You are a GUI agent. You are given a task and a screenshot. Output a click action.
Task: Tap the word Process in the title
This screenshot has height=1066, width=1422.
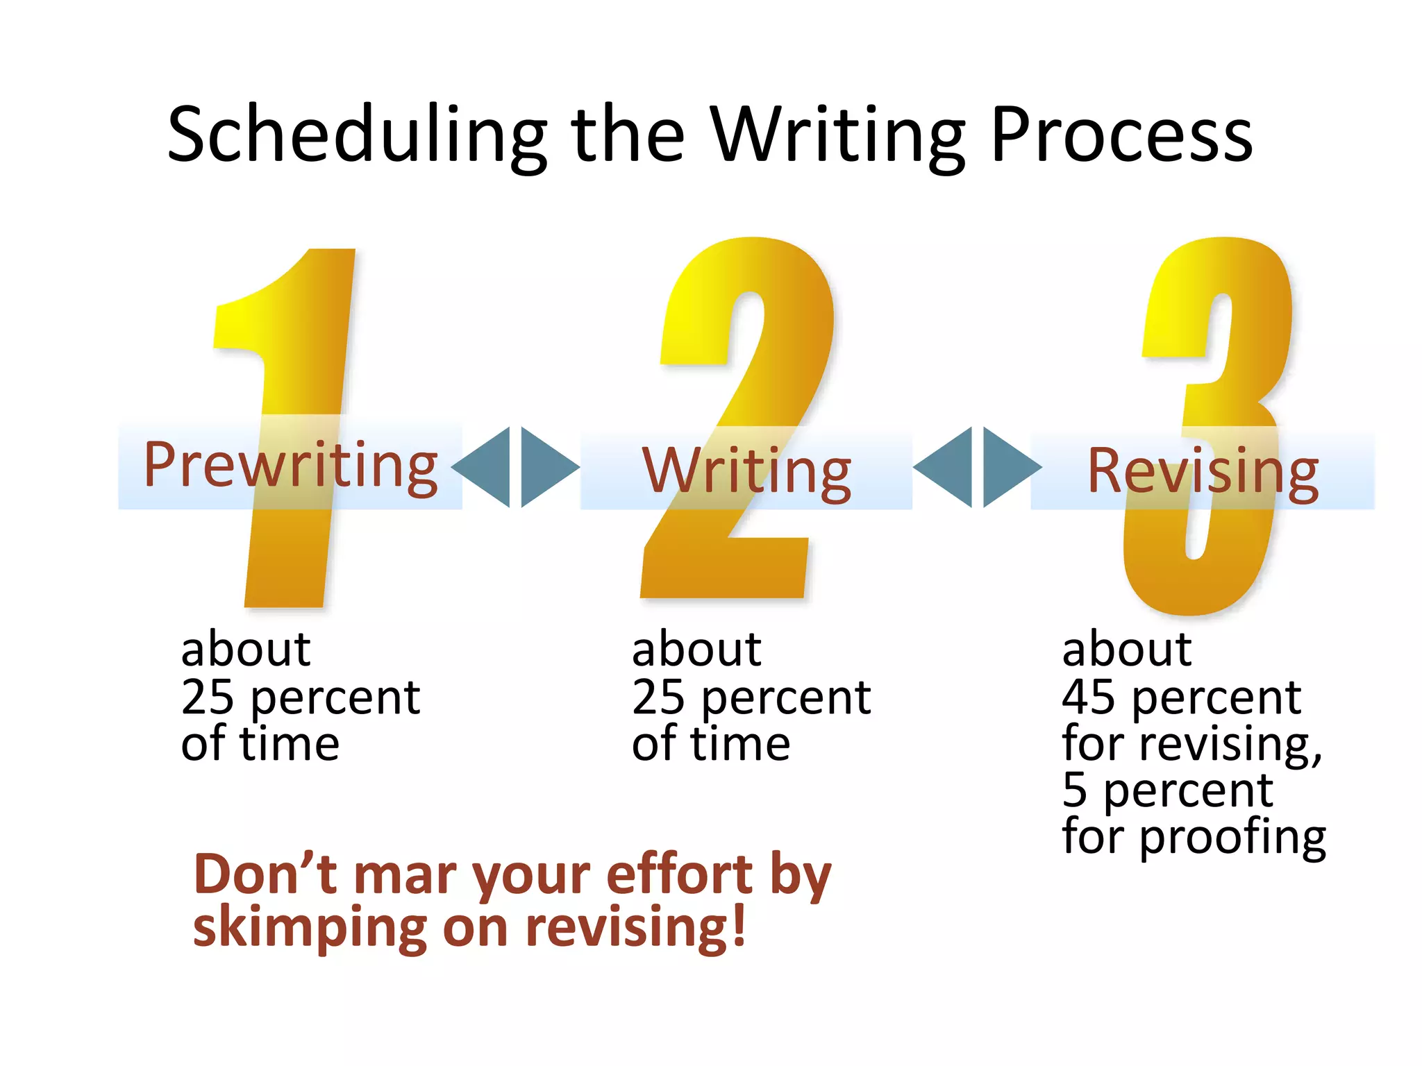coord(1121,135)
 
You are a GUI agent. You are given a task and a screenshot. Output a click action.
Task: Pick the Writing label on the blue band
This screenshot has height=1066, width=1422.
coord(746,472)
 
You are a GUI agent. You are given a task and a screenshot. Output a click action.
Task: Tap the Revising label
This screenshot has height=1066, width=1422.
coord(1202,472)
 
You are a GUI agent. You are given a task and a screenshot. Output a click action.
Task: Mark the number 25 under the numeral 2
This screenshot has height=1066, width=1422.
coord(658,697)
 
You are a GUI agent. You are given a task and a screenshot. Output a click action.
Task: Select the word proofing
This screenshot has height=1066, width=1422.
coord(1232,838)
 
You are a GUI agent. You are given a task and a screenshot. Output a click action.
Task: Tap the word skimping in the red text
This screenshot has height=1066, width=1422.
coord(310,928)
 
